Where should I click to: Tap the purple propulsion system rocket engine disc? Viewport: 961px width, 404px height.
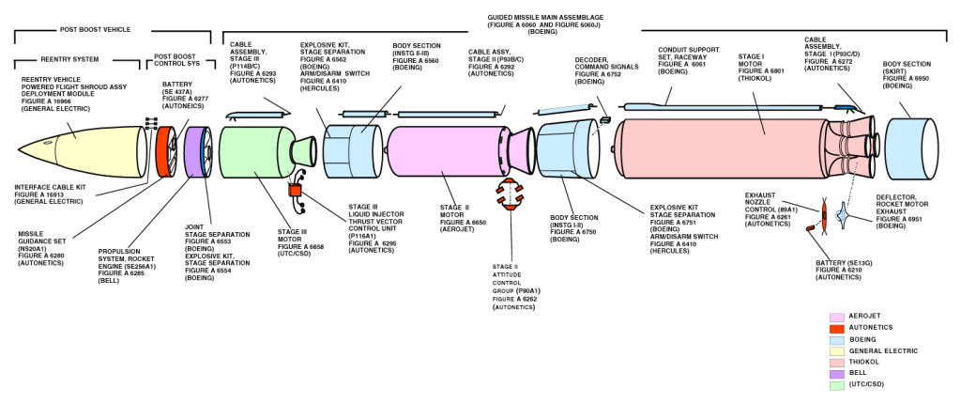(196, 151)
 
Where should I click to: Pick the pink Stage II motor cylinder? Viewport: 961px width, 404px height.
(441, 150)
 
